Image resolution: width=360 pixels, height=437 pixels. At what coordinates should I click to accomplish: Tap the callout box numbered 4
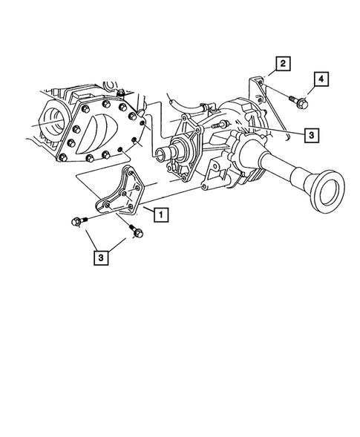click(x=321, y=79)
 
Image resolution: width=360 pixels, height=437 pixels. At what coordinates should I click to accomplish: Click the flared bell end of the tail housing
click(x=324, y=199)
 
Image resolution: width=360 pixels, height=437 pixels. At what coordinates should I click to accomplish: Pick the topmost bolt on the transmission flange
click(x=119, y=91)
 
